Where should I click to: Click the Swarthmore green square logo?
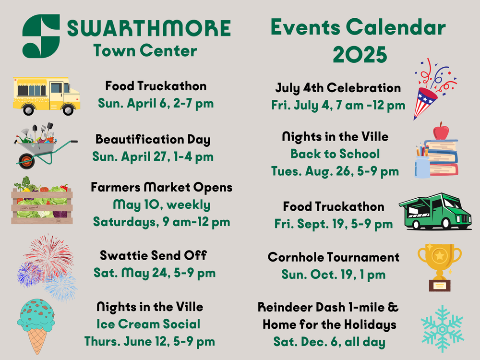click(x=41, y=36)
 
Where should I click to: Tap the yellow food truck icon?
click(x=46, y=96)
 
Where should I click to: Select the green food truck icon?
click(x=435, y=212)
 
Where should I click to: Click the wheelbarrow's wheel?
click(x=26, y=160)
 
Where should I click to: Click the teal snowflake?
click(x=442, y=329)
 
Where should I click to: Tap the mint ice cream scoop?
click(x=37, y=315)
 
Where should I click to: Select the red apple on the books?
click(x=441, y=131)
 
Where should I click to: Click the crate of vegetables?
click(x=42, y=202)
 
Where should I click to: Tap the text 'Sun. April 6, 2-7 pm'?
click(x=156, y=103)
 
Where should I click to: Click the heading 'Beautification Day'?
click(x=153, y=140)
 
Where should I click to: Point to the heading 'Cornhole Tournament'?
click(x=333, y=257)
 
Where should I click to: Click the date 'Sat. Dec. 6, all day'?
click(x=329, y=342)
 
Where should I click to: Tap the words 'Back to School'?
click(x=335, y=154)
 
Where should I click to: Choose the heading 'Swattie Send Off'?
click(x=153, y=255)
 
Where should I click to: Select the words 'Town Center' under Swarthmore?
click(x=145, y=51)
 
